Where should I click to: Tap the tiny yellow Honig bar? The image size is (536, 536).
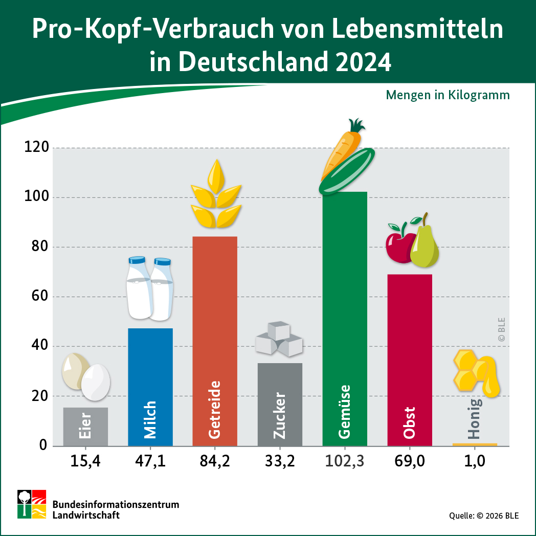tap(475, 444)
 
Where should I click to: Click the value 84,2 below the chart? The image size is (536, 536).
tap(215, 461)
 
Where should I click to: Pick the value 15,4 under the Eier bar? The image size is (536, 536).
tap(85, 461)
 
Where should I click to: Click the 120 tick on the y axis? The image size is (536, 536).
tap(36, 148)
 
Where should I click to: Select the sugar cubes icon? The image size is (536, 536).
tap(279, 339)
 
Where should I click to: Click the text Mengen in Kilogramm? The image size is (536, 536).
tap(448, 95)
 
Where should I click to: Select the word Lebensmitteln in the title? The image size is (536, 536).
tap(418, 30)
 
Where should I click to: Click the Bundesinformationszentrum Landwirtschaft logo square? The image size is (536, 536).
tap(32, 504)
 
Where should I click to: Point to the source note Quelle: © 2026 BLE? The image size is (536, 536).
tap(484, 516)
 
